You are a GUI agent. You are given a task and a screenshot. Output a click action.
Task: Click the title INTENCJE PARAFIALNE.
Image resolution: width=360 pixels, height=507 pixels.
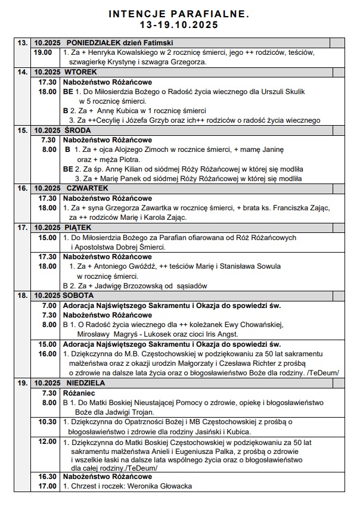coord(179,13)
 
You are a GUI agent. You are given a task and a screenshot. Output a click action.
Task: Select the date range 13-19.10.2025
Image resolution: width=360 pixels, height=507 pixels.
coord(179,25)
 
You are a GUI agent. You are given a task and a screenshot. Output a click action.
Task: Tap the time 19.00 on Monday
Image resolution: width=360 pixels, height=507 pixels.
coord(43,53)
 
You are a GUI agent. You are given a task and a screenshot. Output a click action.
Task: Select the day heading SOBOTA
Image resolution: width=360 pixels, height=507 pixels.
coord(80,295)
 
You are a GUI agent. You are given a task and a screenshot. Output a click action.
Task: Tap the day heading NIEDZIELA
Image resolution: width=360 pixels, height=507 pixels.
coord(85,382)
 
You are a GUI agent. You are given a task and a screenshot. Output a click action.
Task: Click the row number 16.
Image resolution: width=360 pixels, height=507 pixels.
coord(23,188)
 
